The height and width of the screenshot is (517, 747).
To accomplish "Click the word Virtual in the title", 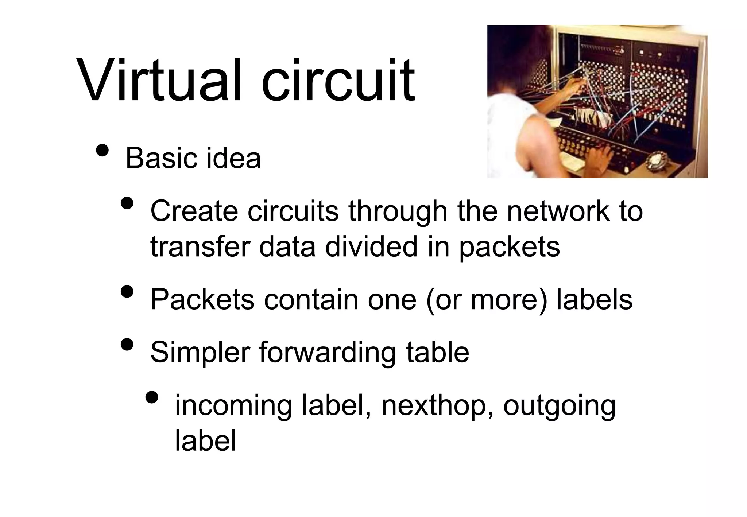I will tap(159, 81).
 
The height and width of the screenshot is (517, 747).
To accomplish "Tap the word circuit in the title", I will tap(338, 81).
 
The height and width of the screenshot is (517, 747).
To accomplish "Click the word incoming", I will tap(233, 406).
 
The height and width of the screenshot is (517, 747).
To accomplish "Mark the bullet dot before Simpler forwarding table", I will tap(127, 344).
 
